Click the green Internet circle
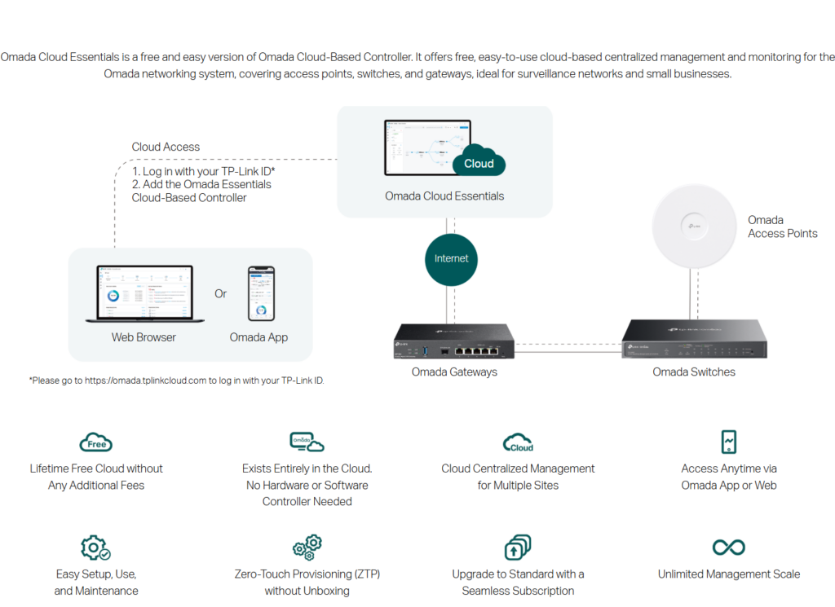click(x=451, y=258)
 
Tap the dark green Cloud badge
click(x=479, y=162)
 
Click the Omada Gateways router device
click(x=453, y=341)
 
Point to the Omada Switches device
click(x=694, y=338)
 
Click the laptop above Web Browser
click(x=144, y=294)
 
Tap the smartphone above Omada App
click(x=261, y=293)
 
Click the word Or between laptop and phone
click(x=221, y=293)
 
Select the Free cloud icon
click(x=96, y=442)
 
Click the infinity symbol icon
click(x=728, y=547)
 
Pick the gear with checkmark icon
click(x=95, y=548)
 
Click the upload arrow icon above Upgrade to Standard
click(x=518, y=547)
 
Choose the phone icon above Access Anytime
click(x=729, y=442)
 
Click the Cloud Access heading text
click(x=166, y=147)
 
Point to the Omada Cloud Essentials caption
click(x=444, y=196)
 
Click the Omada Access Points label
click(x=782, y=227)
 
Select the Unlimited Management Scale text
click(x=728, y=574)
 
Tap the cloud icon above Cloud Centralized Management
click(x=518, y=443)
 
